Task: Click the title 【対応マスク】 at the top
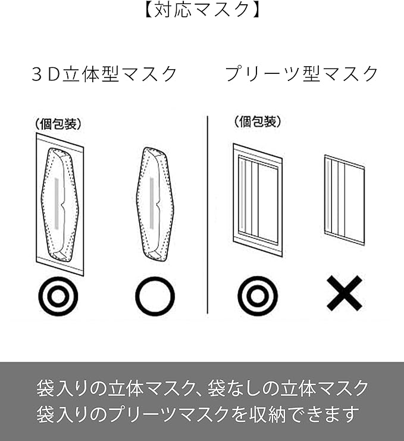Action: point(202,9)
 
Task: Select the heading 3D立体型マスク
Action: point(104,74)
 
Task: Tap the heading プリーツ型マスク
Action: point(302,74)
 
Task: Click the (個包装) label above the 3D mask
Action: point(58,124)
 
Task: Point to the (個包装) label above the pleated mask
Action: point(258,122)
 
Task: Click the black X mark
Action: point(345,293)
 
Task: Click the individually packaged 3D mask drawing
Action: point(60,204)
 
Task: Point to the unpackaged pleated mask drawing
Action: point(345,200)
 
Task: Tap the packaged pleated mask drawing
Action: point(258,200)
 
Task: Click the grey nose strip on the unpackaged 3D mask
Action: point(152,203)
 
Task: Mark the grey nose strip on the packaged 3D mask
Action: point(57,203)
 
